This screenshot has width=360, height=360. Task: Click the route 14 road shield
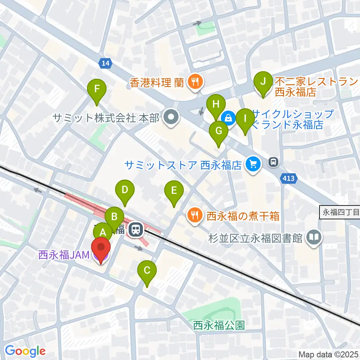(x=106, y=64)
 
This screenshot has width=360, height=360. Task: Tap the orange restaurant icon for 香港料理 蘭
(x=194, y=81)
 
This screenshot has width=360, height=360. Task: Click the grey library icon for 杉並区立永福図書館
(x=314, y=237)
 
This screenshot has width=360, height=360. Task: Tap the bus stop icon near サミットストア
(x=273, y=162)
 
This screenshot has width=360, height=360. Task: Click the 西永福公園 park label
(x=219, y=325)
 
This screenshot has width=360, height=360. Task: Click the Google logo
(x=25, y=351)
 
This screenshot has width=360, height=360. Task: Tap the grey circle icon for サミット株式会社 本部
(x=172, y=118)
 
